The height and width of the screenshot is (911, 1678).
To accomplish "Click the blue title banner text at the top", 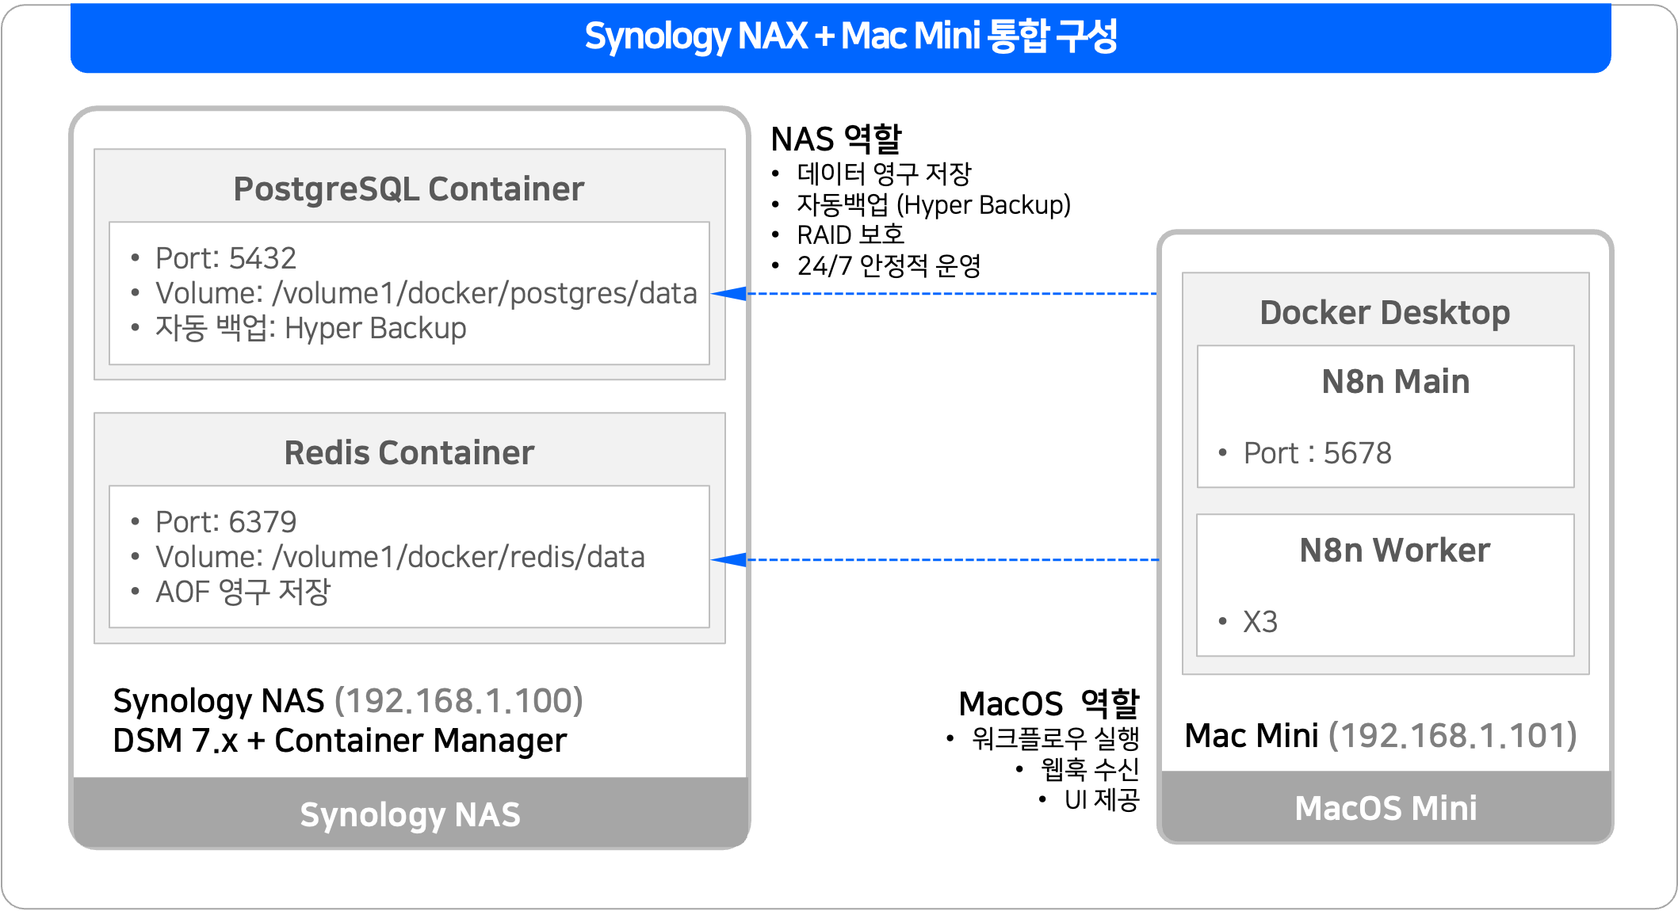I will tap(850, 36).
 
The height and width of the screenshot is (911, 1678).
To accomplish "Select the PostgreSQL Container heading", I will tap(408, 189).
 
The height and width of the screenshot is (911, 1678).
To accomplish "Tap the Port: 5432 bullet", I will tap(225, 258).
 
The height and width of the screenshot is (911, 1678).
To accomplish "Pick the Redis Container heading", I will tap(409, 453).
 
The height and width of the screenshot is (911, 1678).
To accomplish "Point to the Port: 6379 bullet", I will tap(225, 522).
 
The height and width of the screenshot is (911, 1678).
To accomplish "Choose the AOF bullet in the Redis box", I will tap(243, 592).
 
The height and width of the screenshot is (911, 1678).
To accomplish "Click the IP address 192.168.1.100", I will tap(459, 701).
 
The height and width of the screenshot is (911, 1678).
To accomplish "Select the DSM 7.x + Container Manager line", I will tap(339, 741).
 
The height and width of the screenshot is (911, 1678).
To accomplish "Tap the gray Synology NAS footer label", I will tap(410, 814).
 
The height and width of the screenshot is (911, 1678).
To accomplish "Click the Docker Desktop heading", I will tap(1385, 313).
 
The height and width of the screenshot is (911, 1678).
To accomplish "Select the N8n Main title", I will tap(1395, 382).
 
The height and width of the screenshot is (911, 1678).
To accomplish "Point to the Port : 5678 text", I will tap(1317, 453).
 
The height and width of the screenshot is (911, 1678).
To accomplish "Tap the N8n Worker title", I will tap(1394, 551).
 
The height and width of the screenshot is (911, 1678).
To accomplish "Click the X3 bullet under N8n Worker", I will tap(1259, 622).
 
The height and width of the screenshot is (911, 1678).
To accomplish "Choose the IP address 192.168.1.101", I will tap(1453, 736).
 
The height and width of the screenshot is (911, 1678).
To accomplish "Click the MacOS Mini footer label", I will tap(1386, 808).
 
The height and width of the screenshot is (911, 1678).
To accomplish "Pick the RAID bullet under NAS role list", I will tap(850, 235).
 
